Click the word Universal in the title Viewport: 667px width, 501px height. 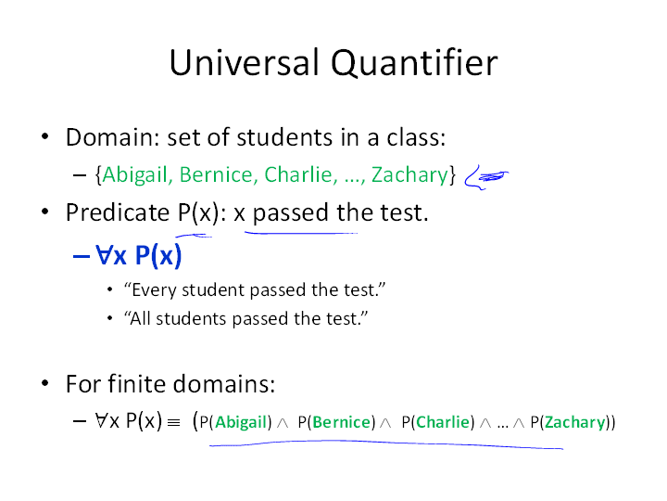pos(244,62)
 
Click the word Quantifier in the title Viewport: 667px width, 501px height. pos(414,63)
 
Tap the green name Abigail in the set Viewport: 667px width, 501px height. pos(135,175)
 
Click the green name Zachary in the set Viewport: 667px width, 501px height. pos(409,175)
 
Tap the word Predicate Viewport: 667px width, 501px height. pos(118,212)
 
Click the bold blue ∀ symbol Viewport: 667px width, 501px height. pos(104,255)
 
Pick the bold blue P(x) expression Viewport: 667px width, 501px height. pos(158,256)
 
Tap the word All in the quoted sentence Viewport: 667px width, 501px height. pos(141,318)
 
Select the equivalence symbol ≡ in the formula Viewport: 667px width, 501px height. pos(173,423)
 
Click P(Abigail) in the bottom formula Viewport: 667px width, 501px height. pos(235,422)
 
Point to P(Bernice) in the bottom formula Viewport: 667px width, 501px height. pos(336,422)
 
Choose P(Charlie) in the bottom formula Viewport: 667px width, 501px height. pos(437,422)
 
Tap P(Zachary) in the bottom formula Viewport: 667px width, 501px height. pos(570,423)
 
